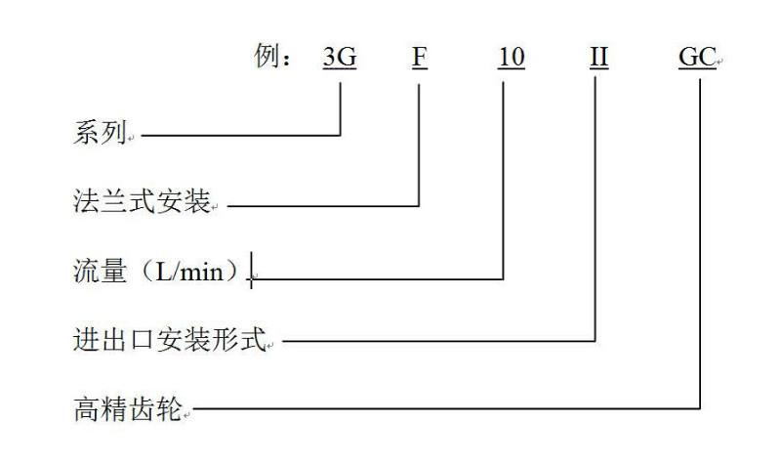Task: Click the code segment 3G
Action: pos(340,57)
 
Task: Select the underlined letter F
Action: pos(420,57)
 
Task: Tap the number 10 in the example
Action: pos(511,57)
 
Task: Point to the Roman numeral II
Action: pos(598,57)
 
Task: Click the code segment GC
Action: pos(697,57)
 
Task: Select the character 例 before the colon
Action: pos(266,55)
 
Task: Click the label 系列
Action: pos(100,133)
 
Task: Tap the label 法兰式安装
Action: pos(142,201)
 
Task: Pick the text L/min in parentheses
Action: pos(189,273)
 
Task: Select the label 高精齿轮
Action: pos(128,408)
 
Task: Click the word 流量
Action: pos(101,272)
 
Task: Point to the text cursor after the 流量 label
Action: pos(252,270)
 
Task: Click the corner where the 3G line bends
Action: pos(340,135)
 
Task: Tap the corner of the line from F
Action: pos(419,205)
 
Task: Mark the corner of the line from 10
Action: pos(503,279)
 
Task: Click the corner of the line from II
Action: pos(596,341)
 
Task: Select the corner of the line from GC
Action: pos(700,408)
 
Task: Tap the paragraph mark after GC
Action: pos(719,62)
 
